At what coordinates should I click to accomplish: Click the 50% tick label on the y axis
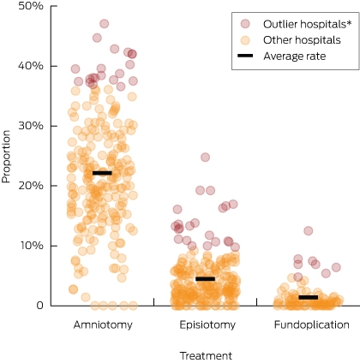(31, 6)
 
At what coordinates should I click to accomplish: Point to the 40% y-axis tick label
(31, 66)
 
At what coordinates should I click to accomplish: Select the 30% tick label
(31, 126)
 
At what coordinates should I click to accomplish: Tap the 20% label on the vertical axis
(31, 186)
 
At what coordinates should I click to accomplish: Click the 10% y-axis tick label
(31, 246)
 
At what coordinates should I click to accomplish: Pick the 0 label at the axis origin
(40, 306)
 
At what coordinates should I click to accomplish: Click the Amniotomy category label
(103, 324)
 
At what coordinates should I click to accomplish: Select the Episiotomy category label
(207, 324)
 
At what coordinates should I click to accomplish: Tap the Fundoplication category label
(312, 324)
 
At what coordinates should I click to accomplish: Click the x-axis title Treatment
(206, 356)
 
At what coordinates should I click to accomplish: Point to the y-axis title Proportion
(6, 157)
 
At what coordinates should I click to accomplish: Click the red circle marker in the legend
(245, 24)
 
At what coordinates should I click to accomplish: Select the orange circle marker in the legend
(245, 40)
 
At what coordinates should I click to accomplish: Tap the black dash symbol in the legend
(245, 56)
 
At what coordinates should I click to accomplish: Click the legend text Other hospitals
(302, 40)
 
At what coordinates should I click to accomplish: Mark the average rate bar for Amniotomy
(102, 173)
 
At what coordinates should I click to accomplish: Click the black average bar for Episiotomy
(206, 279)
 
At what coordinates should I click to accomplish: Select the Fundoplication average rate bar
(309, 297)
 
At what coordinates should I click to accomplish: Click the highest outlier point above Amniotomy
(105, 24)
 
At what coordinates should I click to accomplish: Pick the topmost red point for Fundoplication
(309, 230)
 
